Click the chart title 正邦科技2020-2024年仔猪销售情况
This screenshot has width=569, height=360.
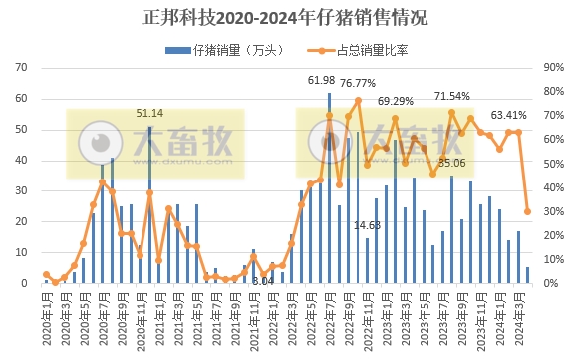[x=284, y=17]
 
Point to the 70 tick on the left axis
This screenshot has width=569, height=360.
[x=21, y=68]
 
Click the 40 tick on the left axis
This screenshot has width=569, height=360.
[x=21, y=161]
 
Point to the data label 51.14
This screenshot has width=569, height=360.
[x=150, y=114]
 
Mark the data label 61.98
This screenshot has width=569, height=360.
[x=321, y=80]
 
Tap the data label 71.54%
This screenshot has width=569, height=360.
[x=453, y=96]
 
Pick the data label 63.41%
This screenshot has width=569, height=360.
[x=510, y=114]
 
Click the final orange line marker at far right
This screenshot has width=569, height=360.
[x=527, y=211]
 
